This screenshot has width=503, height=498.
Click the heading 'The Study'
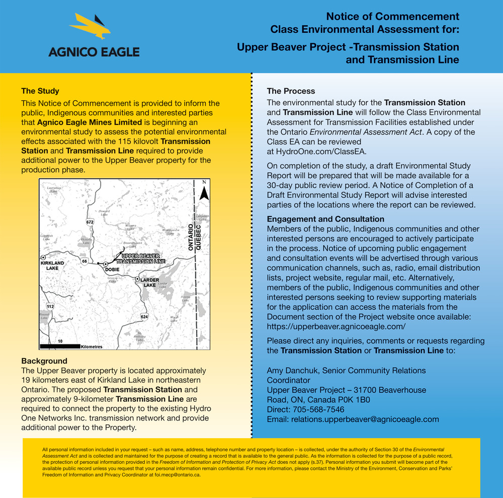40,91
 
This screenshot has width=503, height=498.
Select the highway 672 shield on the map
90,222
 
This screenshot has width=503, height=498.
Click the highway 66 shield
85,261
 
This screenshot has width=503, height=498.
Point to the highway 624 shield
144,316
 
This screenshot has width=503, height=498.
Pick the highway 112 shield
50,306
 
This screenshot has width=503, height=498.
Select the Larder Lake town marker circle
137,278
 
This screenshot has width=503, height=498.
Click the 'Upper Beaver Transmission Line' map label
140,259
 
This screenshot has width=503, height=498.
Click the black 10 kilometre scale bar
59,346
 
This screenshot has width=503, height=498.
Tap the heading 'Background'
44,361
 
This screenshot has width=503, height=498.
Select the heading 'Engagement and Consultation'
325,219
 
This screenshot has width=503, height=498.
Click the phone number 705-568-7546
321,409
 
